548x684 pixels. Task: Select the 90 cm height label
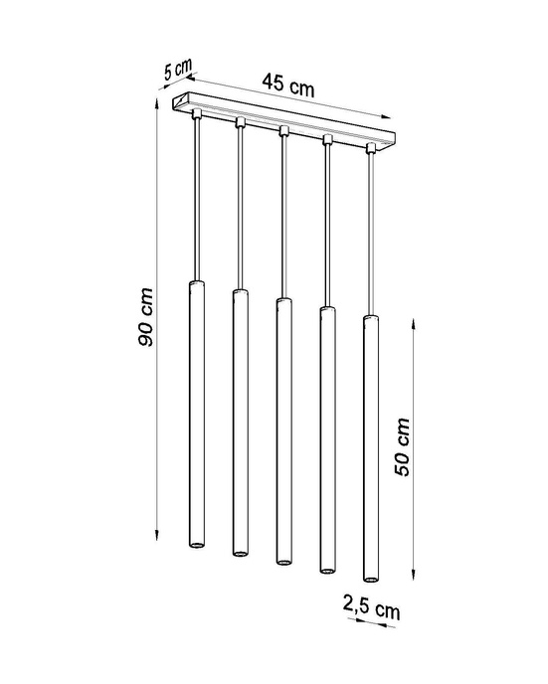pyautogui.click(x=146, y=317)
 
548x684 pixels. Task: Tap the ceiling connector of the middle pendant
pyautogui.click(x=282, y=130)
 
